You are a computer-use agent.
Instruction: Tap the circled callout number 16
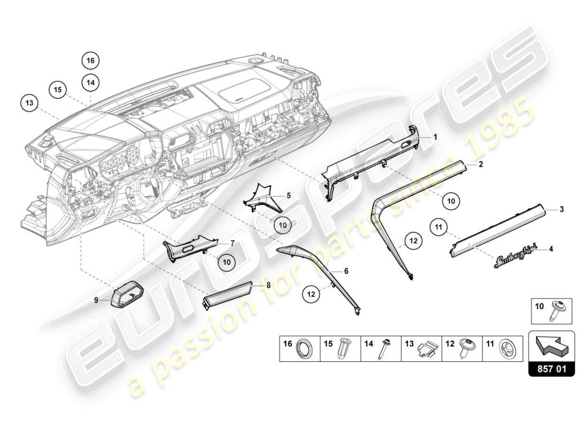[91, 61]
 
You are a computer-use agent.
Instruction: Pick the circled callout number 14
[91, 82]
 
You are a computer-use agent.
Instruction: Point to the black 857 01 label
[551, 368]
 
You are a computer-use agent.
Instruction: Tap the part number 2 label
[481, 165]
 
